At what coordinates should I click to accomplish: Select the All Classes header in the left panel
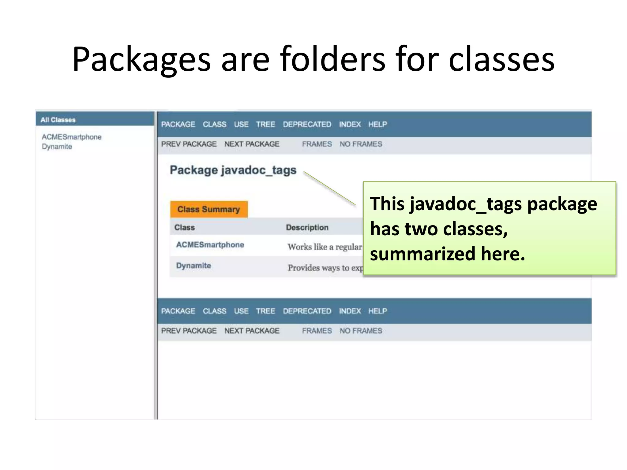coord(58,120)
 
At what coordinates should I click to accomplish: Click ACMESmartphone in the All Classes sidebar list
coord(72,137)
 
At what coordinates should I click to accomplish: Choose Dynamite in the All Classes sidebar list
coord(57,147)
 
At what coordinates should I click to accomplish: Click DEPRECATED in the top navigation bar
coord(307,125)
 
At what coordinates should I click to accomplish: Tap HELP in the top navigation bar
coord(377,125)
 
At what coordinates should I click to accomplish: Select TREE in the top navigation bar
coord(265,125)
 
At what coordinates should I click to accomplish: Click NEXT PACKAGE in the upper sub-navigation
coord(252,144)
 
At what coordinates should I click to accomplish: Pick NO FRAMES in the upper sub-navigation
coord(361,144)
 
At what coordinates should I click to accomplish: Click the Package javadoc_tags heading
coord(233,170)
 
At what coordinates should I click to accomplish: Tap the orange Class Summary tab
coord(209,209)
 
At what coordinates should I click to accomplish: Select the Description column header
coord(307,227)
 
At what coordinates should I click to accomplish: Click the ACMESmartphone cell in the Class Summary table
coord(210,245)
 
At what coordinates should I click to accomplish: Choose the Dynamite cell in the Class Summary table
coord(193,266)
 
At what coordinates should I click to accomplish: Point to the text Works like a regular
coord(325,247)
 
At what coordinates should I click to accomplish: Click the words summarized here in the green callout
coord(447,254)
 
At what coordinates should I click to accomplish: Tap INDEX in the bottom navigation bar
coord(350,311)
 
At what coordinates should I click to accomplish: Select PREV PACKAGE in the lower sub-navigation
coord(189,331)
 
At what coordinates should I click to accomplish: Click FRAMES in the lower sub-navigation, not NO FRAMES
coord(317,331)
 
